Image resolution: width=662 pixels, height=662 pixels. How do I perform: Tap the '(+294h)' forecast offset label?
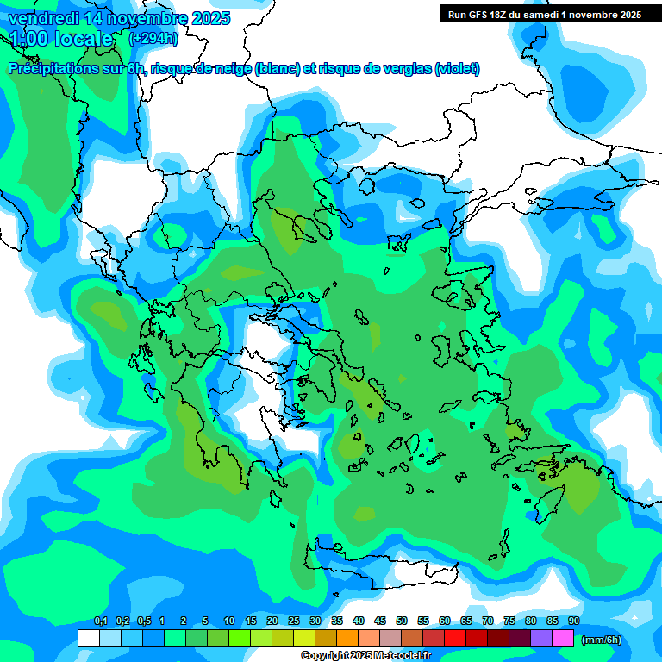coord(153,38)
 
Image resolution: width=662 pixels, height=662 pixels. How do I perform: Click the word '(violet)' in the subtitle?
coord(457,69)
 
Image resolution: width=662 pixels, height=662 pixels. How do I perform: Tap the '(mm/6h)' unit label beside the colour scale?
coord(602,639)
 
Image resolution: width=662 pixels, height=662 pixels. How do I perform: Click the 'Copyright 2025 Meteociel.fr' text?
coord(378,656)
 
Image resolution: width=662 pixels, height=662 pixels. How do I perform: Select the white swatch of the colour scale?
coord(88,639)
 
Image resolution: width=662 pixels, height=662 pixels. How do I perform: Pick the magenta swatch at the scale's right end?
coord(563,639)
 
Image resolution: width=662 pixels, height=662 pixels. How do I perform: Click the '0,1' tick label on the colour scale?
coord(100,621)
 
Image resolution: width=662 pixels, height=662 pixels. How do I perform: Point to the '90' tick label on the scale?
coord(573,621)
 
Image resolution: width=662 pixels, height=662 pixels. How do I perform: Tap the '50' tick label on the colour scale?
coord(402,621)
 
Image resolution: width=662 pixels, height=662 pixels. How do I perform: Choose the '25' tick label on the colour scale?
coord(294,621)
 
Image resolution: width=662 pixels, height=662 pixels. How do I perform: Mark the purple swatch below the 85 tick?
coord(541,639)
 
